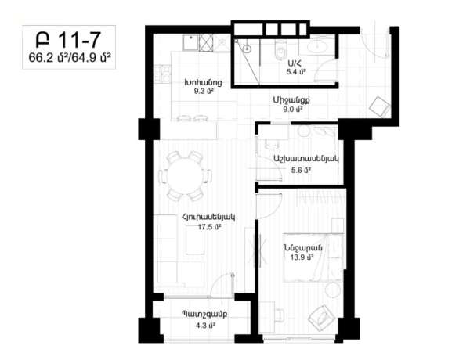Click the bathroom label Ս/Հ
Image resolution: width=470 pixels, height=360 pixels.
(295, 63)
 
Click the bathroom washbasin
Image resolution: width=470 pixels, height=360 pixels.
(321, 47)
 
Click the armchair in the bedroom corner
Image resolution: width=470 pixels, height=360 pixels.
(321, 318)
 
